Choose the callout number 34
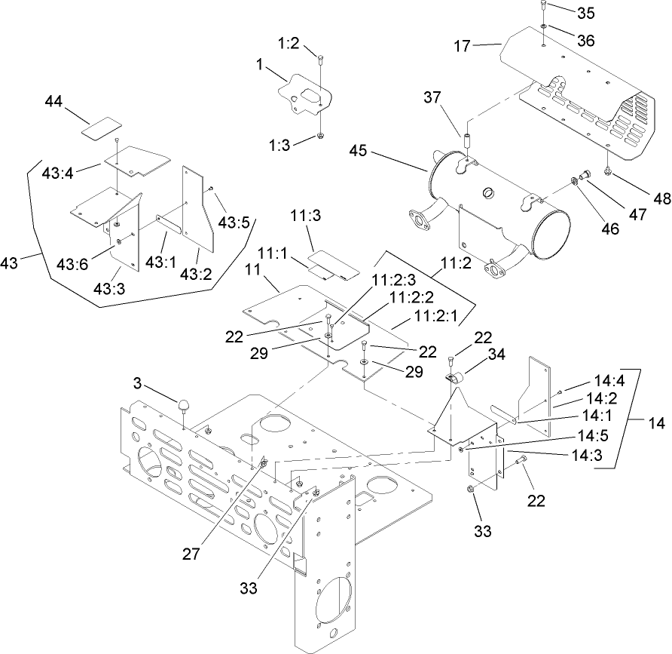pyautogui.click(x=496, y=353)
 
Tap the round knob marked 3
pyautogui.click(x=184, y=406)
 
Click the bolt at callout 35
pyautogui.click(x=542, y=8)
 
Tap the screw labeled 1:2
pyautogui.click(x=321, y=60)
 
